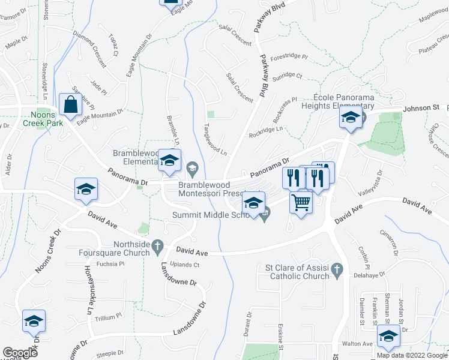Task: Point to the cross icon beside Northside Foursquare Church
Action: tap(157, 245)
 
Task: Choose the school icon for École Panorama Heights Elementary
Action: tap(349, 118)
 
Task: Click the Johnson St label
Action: tap(421, 108)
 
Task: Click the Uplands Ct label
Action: tap(185, 265)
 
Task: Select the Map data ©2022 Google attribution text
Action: tap(411, 355)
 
